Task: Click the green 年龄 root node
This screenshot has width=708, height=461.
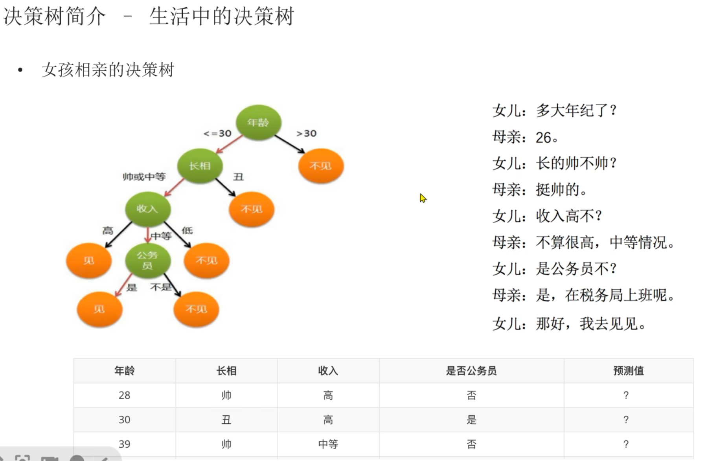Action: coord(258,122)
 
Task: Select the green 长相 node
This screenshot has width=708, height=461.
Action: coord(200,166)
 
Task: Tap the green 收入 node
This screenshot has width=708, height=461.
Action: coord(147,209)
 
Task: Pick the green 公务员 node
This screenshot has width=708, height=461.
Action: coord(147,260)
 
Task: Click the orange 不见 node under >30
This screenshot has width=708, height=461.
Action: coord(321,166)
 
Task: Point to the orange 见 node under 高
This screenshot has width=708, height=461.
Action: coord(89,260)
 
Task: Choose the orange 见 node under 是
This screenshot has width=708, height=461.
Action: coord(99,309)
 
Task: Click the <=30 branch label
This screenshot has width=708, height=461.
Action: coord(217,134)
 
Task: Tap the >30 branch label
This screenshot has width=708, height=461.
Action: coord(306,134)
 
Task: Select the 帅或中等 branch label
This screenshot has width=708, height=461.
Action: coord(144,177)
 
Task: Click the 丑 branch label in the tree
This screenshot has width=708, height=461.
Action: coord(238,177)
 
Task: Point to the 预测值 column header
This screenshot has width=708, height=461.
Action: coord(628,371)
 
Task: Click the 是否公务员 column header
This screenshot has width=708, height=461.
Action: coord(471,371)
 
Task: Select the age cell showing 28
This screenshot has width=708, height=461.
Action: coord(124,395)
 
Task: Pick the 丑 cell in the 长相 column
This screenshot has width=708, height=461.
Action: coord(226,420)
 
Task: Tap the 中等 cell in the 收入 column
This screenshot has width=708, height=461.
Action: coord(328,444)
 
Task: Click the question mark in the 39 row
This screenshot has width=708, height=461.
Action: coord(626,444)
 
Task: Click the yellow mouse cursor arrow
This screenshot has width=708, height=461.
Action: coord(423,198)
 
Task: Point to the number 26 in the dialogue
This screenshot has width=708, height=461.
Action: coord(543,138)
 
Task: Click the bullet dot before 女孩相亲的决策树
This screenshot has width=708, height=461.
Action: coord(20,70)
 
